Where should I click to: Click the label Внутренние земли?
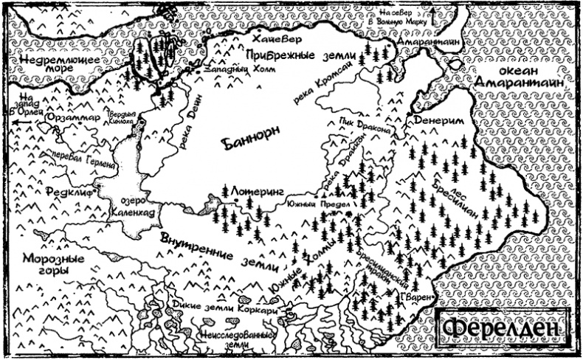coord(221,252)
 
